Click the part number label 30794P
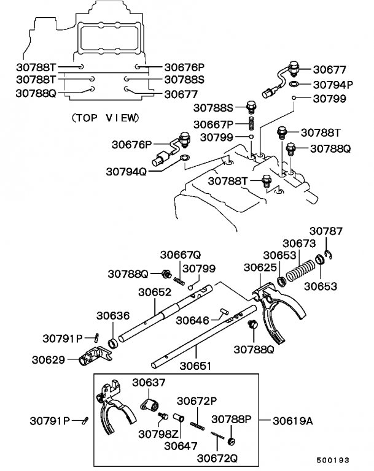(x=333, y=85)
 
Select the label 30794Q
(x=127, y=172)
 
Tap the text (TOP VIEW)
(x=105, y=117)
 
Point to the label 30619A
(x=293, y=421)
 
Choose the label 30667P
(x=212, y=124)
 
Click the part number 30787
(x=325, y=231)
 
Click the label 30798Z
(x=158, y=434)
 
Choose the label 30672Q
(x=217, y=457)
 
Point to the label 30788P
(x=232, y=419)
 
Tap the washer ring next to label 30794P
(x=295, y=84)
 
